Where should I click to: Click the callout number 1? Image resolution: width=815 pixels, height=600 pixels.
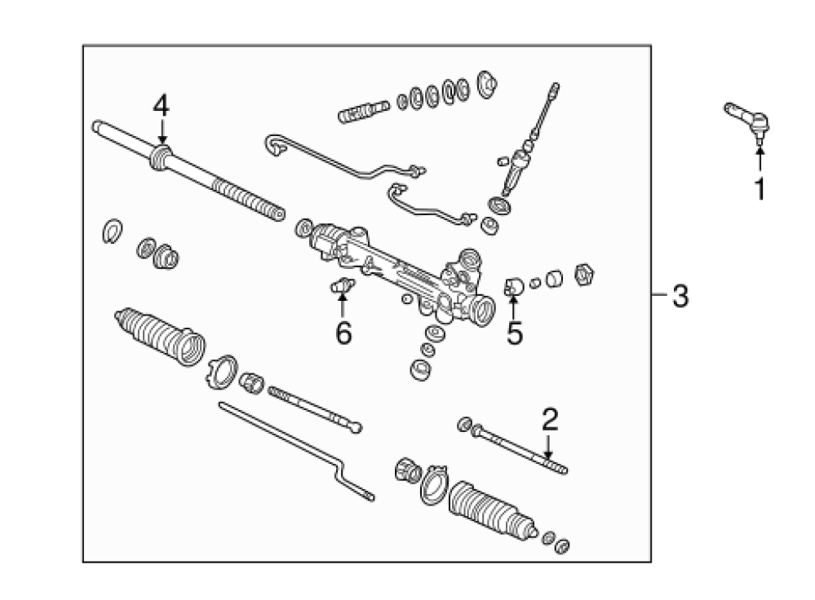click(760, 189)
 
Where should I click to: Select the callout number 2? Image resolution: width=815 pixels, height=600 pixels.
click(550, 420)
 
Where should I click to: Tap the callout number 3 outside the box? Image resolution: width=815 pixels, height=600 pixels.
click(680, 296)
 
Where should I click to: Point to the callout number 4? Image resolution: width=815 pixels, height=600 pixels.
click(162, 106)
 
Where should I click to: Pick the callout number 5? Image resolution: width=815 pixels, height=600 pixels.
click(515, 333)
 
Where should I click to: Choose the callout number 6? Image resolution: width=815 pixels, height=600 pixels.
click(343, 333)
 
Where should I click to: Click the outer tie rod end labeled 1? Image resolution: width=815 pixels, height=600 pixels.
click(747, 121)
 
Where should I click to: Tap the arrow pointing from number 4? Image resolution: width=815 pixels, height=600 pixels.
click(162, 131)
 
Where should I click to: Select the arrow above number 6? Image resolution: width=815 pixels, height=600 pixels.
click(342, 305)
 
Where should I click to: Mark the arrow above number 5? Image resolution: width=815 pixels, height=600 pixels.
click(513, 306)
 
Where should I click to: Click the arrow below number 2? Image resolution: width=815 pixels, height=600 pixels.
click(548, 447)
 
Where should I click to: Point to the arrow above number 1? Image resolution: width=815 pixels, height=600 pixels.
click(760, 158)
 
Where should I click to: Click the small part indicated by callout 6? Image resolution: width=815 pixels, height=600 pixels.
click(343, 285)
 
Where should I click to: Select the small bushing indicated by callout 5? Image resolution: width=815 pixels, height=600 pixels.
click(513, 286)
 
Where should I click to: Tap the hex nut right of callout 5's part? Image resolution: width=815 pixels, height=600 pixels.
click(584, 275)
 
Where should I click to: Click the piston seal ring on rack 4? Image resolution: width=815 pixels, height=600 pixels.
click(161, 157)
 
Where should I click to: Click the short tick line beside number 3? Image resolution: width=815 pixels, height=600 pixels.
click(658, 295)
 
